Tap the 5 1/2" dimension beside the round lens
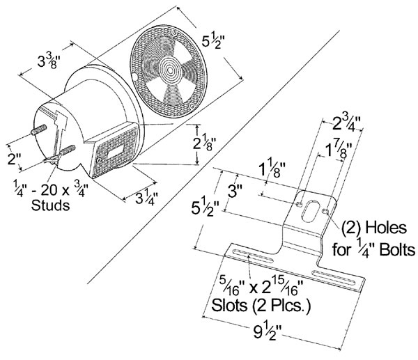pos(214,42)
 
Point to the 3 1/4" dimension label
pos(146,198)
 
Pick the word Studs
pos(50,205)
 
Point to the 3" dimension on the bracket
pos(235,191)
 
